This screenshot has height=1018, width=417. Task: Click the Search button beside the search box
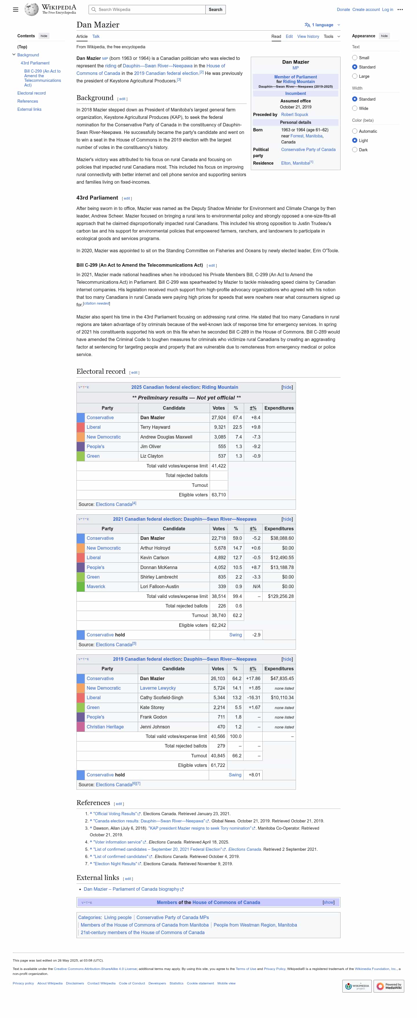pyautogui.click(x=215, y=10)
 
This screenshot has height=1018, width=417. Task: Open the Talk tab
pyautogui.click(x=96, y=36)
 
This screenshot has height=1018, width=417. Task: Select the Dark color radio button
pyautogui.click(x=354, y=150)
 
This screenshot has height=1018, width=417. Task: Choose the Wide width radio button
pyautogui.click(x=354, y=108)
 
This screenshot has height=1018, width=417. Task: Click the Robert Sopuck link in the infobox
pyautogui.click(x=294, y=115)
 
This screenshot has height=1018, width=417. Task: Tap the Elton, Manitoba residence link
pyautogui.click(x=295, y=163)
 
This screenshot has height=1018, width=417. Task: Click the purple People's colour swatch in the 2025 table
pyautogui.click(x=81, y=447)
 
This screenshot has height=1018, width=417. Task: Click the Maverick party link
pyautogui.click(x=96, y=586)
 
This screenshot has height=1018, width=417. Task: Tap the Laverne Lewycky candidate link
pyautogui.click(x=158, y=688)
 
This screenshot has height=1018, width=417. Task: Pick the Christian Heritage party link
pyautogui.click(x=105, y=727)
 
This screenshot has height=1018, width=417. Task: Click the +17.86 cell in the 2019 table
pyautogui.click(x=253, y=679)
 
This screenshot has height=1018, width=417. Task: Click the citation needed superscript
pyautogui.click(x=96, y=303)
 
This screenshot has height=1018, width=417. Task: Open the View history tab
pyautogui.click(x=308, y=36)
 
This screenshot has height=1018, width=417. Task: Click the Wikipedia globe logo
pyautogui.click(x=31, y=10)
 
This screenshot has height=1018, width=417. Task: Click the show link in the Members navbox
pyautogui.click(x=328, y=902)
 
